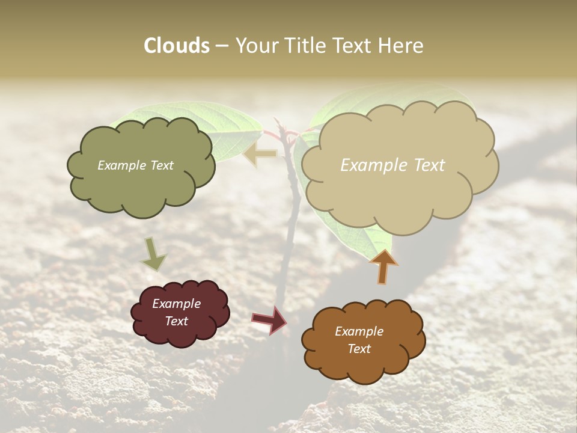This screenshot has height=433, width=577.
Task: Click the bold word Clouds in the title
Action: pyautogui.click(x=177, y=46)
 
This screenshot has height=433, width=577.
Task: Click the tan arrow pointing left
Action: pyautogui.click(x=261, y=155)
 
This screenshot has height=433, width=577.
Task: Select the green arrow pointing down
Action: pyautogui.click(x=153, y=255)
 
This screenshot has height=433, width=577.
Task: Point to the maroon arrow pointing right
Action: pyautogui.click(x=269, y=319)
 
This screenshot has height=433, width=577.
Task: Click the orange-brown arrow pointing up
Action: pyautogui.click(x=383, y=266)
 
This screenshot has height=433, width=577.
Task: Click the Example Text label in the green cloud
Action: pyautogui.click(x=135, y=165)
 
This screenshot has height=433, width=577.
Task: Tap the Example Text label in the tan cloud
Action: pyautogui.click(x=392, y=165)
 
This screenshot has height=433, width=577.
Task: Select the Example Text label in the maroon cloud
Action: pyautogui.click(x=177, y=312)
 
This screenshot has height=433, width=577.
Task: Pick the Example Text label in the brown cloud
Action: pyautogui.click(x=359, y=340)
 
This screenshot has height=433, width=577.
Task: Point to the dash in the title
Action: pyautogui.click(x=222, y=46)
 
